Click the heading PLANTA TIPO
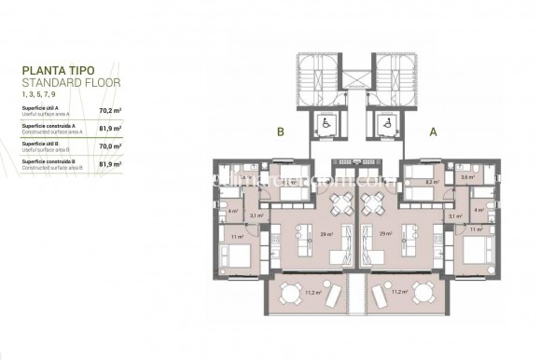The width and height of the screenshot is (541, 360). pyautogui.click(x=58, y=68)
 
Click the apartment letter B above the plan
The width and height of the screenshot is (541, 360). pyautogui.click(x=279, y=132)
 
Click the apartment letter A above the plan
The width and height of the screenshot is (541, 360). pyautogui.click(x=433, y=132)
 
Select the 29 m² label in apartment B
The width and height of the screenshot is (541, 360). pyautogui.click(x=324, y=234)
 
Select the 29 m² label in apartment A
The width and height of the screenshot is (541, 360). pyautogui.click(x=386, y=234)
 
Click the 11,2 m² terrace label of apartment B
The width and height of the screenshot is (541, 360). pyautogui.click(x=313, y=292)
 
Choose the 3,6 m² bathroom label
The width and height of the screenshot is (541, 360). pyautogui.click(x=466, y=176)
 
